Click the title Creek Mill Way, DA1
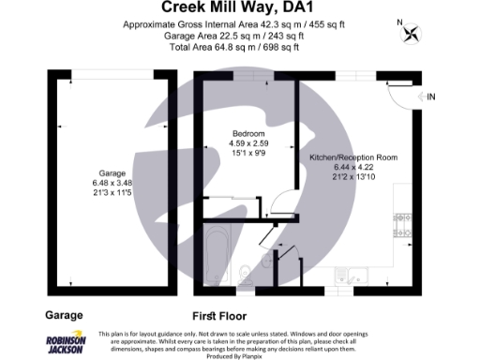pyautogui.click(x=240, y=8)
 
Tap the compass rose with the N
pyautogui.click(x=410, y=35)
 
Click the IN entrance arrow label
pyautogui.click(x=430, y=97)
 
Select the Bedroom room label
pyautogui.click(x=247, y=134)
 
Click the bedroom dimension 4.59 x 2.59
pyautogui.click(x=247, y=143)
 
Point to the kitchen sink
pyautogui.click(x=349, y=275)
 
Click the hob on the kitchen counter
pyautogui.click(x=402, y=224)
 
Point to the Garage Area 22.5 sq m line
pyautogui.click(x=240, y=33)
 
